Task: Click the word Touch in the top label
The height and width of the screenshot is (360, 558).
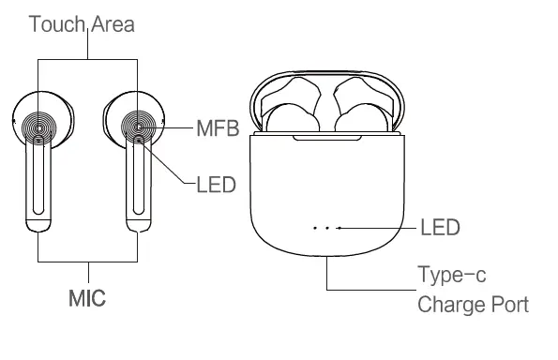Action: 54,23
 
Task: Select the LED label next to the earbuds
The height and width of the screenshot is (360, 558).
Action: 215,185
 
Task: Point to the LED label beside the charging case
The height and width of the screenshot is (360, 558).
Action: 441,227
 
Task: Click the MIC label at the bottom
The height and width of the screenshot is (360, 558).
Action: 86,299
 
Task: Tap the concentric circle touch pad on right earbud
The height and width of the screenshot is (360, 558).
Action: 138,125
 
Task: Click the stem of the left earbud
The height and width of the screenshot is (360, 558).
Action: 38,183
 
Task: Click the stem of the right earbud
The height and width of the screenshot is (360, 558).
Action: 139,183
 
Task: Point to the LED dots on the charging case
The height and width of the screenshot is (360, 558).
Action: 322,227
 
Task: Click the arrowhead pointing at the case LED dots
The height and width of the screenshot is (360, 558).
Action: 339,227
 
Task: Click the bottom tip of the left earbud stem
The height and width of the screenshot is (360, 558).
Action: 38,225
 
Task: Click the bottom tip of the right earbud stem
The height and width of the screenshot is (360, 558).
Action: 139,225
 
